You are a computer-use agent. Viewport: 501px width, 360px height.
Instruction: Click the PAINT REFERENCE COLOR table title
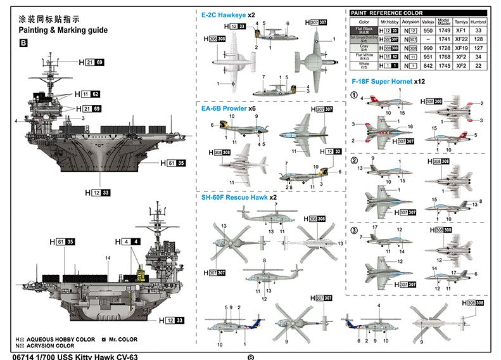(x=388, y=13)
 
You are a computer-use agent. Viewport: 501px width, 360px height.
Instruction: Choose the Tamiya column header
(x=461, y=22)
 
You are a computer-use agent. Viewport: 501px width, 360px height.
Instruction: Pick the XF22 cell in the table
(x=461, y=39)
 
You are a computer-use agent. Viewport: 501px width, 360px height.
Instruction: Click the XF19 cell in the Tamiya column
(x=461, y=48)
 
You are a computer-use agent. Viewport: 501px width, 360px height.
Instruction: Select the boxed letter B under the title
(x=24, y=44)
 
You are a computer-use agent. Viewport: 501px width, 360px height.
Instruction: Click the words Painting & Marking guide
(x=63, y=30)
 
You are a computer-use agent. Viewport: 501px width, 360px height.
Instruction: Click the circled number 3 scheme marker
(x=355, y=229)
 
